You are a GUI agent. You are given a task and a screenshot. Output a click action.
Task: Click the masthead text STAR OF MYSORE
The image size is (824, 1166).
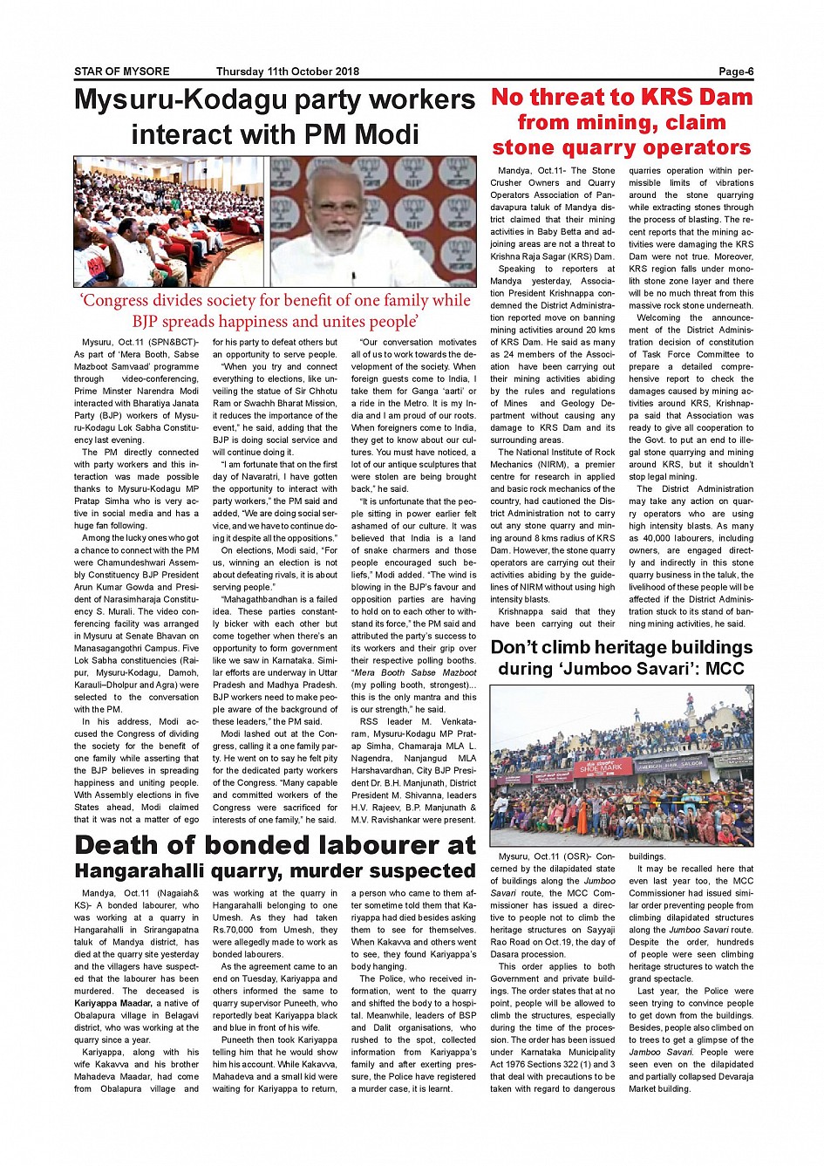[x=121, y=72]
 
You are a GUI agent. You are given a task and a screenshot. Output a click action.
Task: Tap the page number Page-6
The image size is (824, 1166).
[x=735, y=72]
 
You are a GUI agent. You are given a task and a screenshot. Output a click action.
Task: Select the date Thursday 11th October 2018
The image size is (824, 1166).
[x=287, y=72]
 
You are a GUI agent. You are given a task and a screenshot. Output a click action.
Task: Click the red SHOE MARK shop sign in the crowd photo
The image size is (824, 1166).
[x=601, y=768]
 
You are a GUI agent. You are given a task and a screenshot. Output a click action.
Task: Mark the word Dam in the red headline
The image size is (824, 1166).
[x=725, y=97]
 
